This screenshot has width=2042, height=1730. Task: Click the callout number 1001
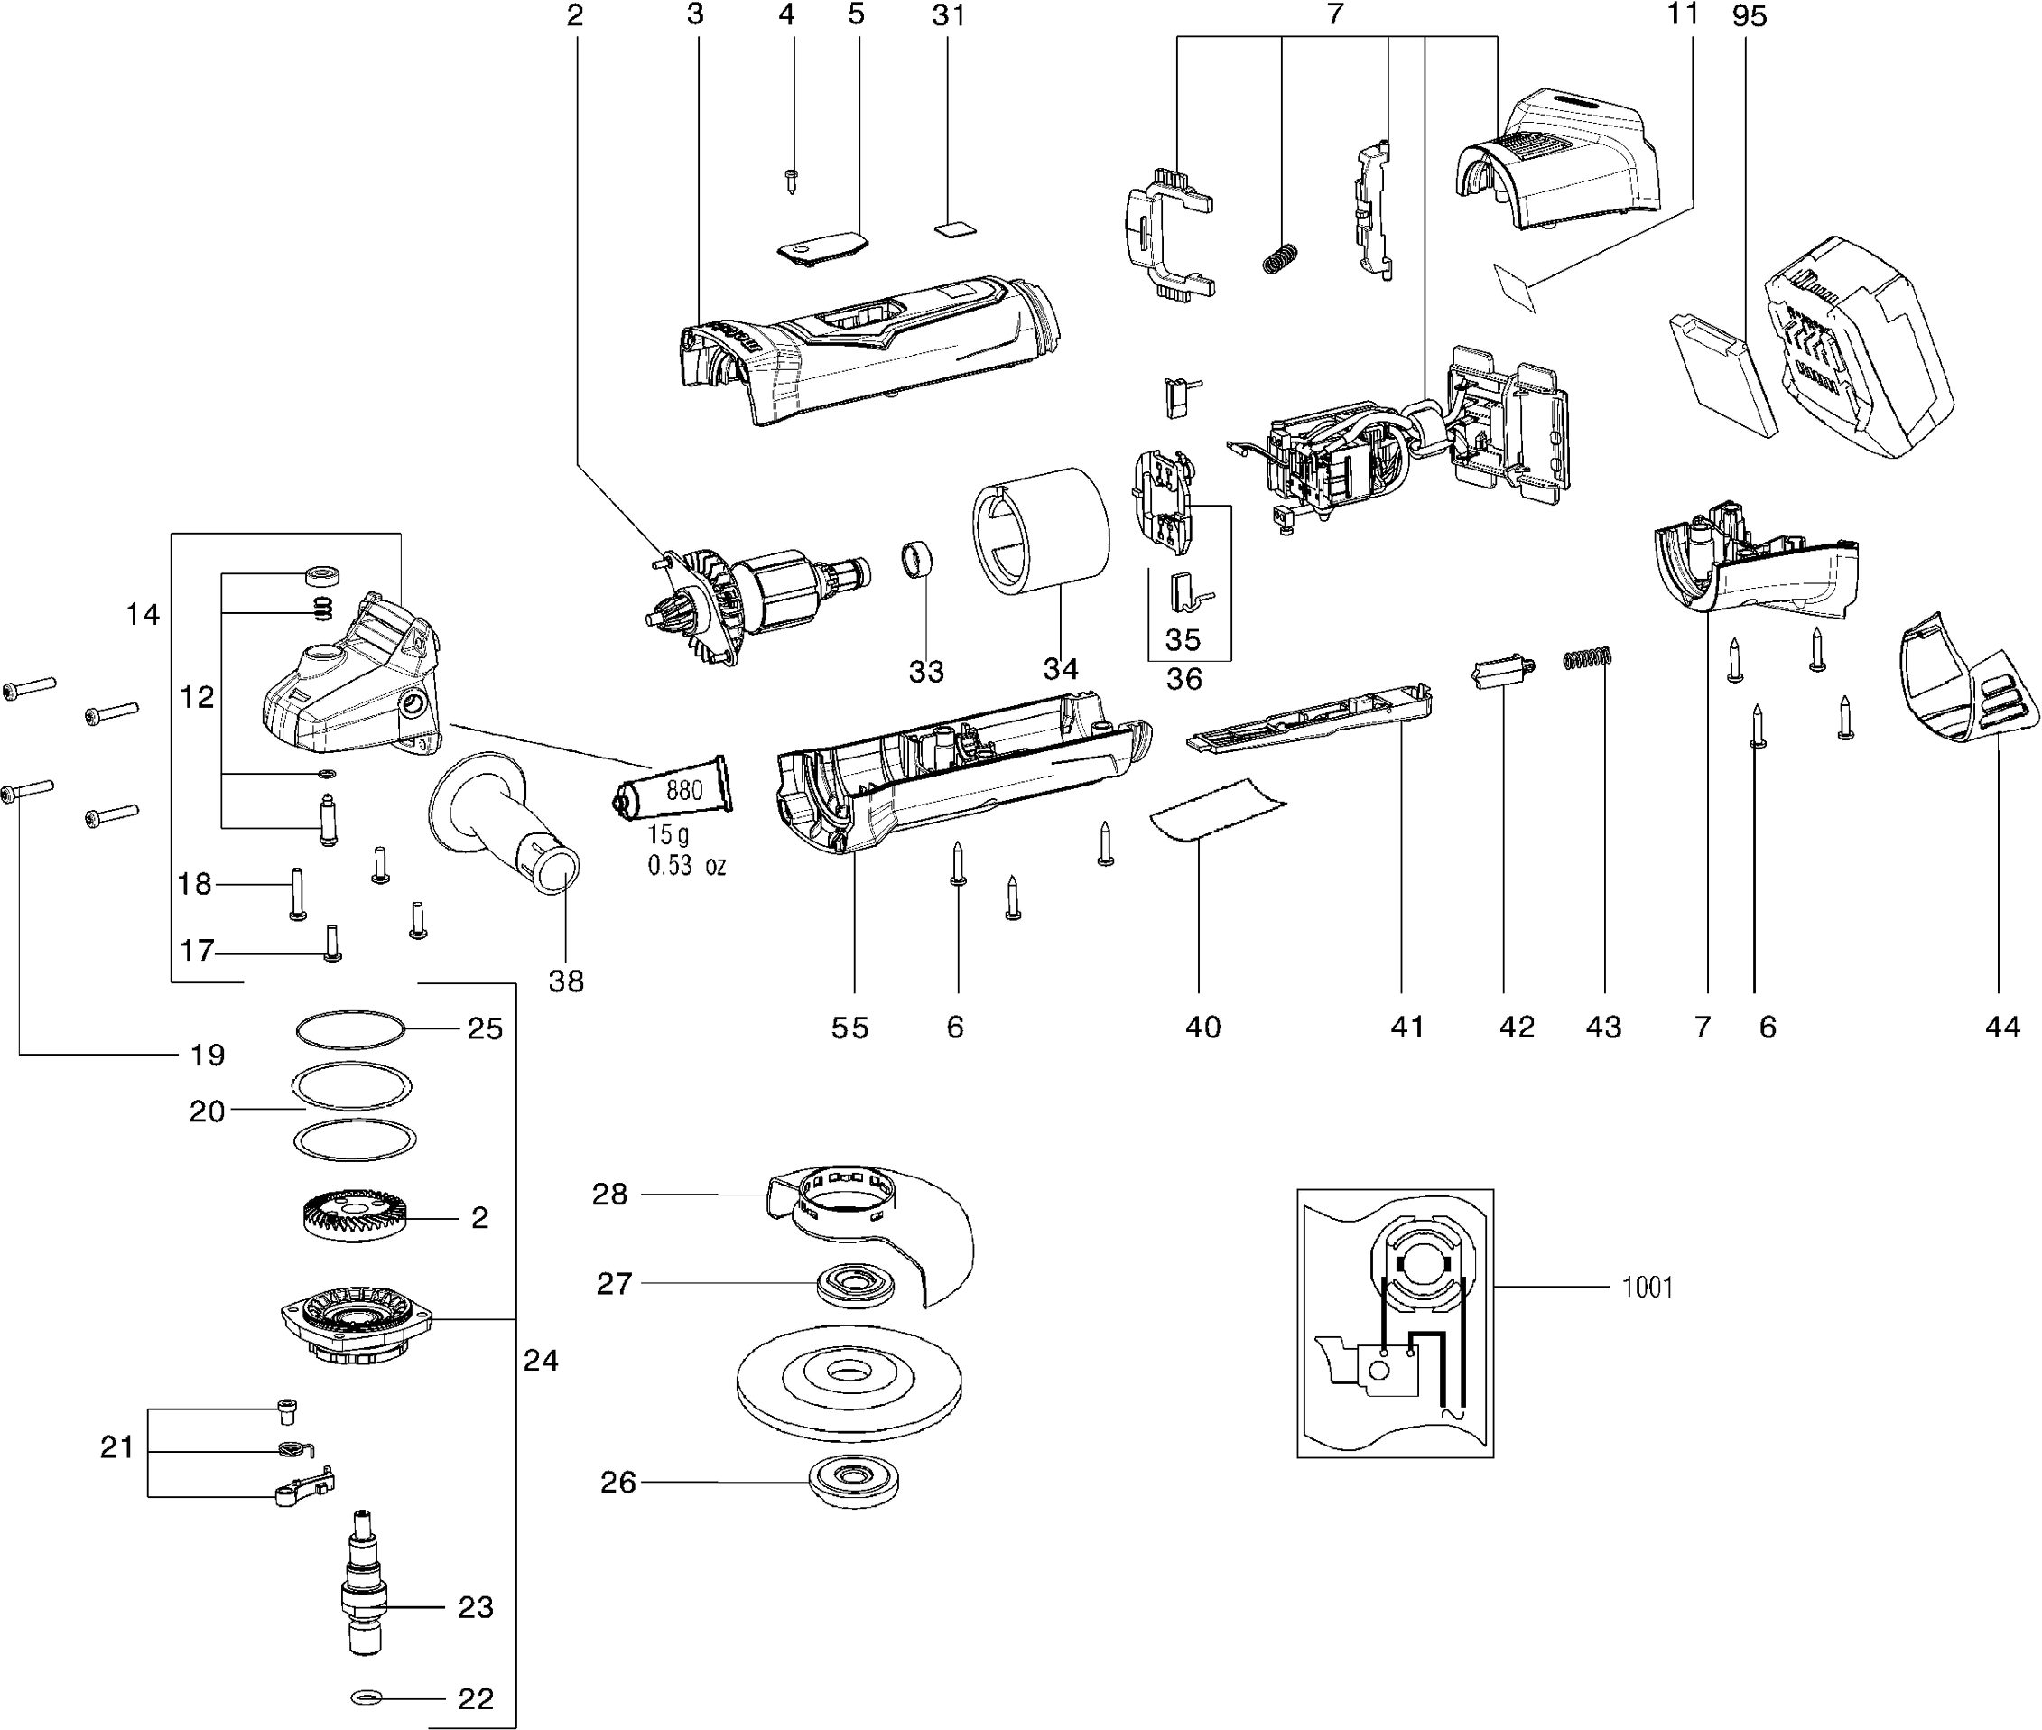coord(1647,1287)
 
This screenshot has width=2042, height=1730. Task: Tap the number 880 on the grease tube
coord(684,789)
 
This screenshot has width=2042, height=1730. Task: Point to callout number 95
coord(1749,15)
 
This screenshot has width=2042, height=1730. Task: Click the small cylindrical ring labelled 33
coord(916,561)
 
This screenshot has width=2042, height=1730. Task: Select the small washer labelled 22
coord(366,1697)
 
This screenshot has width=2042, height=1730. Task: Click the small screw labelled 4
coord(791,181)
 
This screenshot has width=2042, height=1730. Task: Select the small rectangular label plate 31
coord(955,228)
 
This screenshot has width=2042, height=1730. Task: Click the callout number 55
coord(849,1027)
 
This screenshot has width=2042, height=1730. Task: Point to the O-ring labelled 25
coord(350,1029)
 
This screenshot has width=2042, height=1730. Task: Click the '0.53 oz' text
coord(686,866)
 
